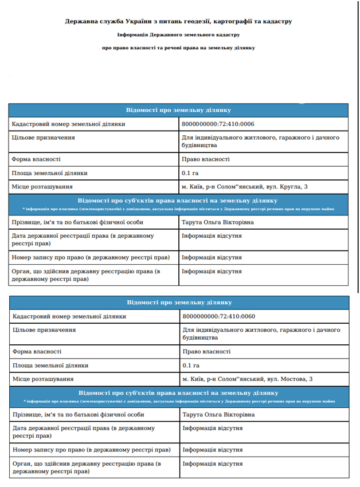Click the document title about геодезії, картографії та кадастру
tap(178, 22)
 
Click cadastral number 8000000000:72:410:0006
tap(218, 124)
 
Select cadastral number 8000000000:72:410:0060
tap(218, 316)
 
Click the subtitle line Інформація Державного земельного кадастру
tap(178, 35)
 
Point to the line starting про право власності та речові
tap(178, 48)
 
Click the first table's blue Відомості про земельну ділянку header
tap(178, 110)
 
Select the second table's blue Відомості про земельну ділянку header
tap(179, 302)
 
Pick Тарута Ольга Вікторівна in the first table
tap(217, 222)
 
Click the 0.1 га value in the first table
tap(190, 173)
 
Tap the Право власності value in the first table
tap(206, 159)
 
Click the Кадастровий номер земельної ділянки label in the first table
tap(68, 124)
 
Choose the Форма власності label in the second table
tap(37, 352)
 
